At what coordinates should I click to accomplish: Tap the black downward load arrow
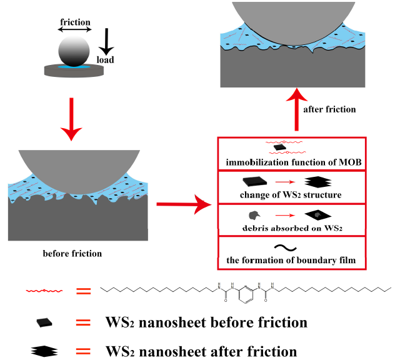107,43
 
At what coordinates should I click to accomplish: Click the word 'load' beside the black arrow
105,61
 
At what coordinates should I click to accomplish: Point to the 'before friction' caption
72,254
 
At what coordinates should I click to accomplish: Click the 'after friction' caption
329,109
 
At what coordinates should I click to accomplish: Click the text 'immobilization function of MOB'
292,163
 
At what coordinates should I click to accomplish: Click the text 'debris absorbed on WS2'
292,228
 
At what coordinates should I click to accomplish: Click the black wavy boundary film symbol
292,247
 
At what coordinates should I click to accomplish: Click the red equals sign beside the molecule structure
83,291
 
